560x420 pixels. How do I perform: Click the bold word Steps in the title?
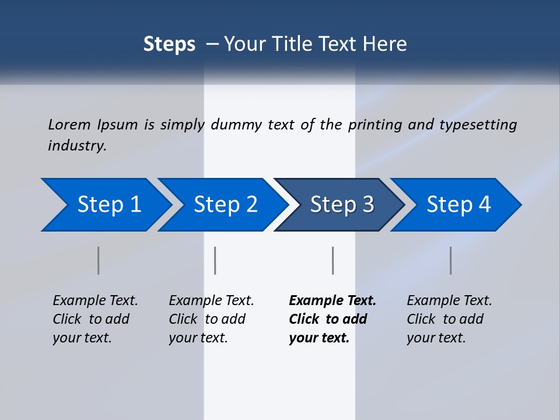[x=169, y=44]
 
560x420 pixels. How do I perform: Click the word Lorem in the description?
[x=69, y=124]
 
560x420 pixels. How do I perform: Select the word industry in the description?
[x=77, y=145]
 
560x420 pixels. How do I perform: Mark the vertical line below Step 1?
[x=99, y=260]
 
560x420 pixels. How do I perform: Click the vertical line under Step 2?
[x=215, y=260]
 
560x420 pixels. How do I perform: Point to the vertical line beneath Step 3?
[x=332, y=260]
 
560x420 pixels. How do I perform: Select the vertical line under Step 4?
[x=450, y=260]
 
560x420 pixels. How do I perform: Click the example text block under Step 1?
[x=95, y=319]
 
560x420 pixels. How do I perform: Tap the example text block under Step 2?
[x=211, y=319]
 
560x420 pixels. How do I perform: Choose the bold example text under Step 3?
[x=332, y=319]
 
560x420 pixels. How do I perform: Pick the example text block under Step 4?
[x=449, y=319]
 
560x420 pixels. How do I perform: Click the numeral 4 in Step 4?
[x=484, y=205]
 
